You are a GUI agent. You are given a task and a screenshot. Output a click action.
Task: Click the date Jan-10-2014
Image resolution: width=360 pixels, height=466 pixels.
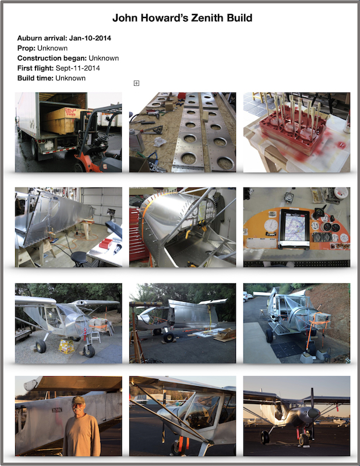click(x=90, y=38)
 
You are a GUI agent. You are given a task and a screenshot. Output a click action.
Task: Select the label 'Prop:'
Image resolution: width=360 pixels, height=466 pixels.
click(x=26, y=48)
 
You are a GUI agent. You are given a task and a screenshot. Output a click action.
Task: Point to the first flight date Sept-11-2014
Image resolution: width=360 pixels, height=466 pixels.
click(x=77, y=68)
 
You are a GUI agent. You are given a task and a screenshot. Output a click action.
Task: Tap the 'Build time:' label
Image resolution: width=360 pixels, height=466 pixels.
click(x=36, y=78)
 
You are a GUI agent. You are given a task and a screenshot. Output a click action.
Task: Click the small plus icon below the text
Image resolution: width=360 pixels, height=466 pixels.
click(x=136, y=83)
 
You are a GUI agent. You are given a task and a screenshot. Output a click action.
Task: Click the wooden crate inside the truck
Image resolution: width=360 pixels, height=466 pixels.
click(x=65, y=120)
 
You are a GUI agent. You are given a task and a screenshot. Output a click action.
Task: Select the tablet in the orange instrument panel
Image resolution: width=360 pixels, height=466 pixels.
click(x=294, y=228)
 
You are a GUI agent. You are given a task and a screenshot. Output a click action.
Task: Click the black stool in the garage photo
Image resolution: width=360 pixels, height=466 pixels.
click(x=79, y=257)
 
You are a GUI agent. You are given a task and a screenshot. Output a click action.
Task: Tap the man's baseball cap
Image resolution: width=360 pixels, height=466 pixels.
click(x=78, y=400)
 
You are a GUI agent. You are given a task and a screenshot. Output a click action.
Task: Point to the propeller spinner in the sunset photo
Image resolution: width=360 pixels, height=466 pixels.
click(x=312, y=413)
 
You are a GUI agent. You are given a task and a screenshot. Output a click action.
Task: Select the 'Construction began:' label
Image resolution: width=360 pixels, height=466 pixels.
click(x=52, y=58)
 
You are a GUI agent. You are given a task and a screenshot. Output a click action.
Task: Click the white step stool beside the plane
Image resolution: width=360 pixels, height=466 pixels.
click(x=94, y=337)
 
